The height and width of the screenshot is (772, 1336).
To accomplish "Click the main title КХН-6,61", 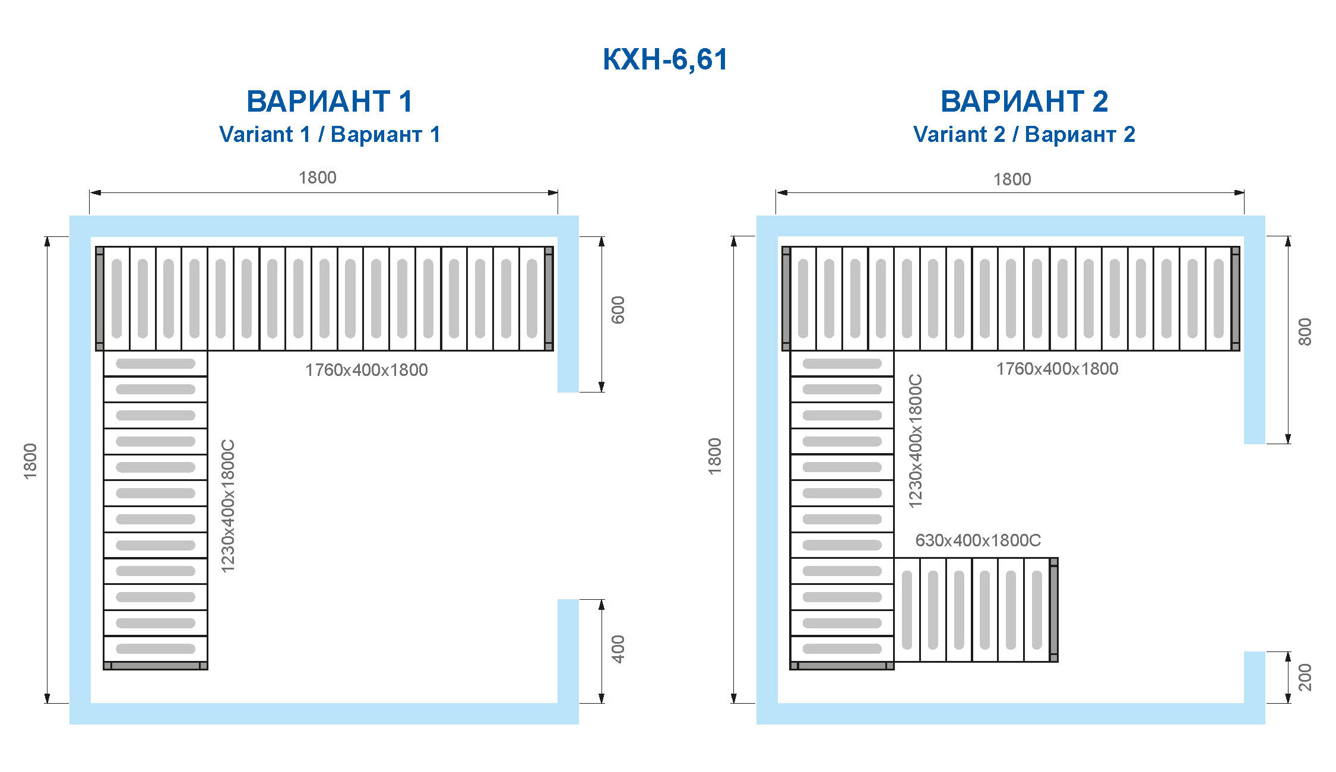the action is point(665,59).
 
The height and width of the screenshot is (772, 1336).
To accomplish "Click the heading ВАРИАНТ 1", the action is point(330,101).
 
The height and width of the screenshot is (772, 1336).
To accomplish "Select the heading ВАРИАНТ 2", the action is point(1024,101).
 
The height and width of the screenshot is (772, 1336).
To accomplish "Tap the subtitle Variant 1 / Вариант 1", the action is point(330,134).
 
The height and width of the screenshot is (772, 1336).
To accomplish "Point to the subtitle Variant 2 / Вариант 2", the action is point(1024,134).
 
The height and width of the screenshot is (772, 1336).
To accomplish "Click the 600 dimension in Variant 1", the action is point(618,310).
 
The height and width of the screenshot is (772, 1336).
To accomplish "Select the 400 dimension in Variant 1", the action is point(618,649).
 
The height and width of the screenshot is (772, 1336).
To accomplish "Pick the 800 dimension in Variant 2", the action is point(1305,332).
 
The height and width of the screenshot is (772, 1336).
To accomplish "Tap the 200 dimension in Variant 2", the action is point(1305,678).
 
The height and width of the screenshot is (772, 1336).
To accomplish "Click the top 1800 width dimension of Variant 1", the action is point(318,178).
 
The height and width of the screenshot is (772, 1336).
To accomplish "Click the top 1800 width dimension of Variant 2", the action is point(1012,179).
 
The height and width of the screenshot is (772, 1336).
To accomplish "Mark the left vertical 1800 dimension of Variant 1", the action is point(30,461).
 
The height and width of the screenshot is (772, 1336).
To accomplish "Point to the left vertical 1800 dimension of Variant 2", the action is point(715,456).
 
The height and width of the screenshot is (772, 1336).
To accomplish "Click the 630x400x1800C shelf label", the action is point(978,540).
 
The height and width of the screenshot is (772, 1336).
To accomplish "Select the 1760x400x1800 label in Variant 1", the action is point(366,370).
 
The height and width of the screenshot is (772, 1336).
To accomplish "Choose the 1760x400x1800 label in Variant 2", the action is point(1057,369).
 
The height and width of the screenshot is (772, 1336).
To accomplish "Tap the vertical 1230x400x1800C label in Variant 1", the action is point(228,506).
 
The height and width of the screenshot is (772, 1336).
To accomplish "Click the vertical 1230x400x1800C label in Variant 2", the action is point(916,441).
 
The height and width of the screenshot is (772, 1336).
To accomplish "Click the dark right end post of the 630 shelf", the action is point(1054,610).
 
